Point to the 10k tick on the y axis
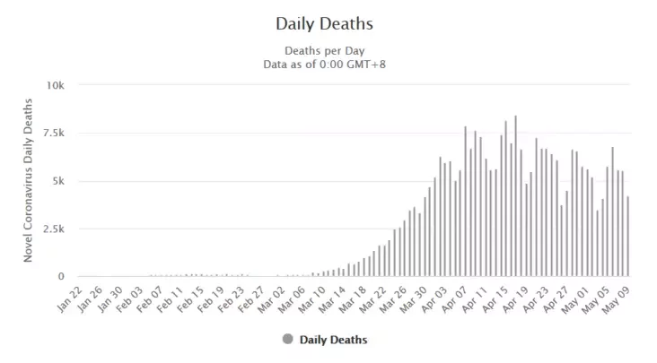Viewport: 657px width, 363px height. [55, 85]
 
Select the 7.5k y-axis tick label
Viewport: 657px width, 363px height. [53, 133]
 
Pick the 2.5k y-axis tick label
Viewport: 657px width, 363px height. [53, 229]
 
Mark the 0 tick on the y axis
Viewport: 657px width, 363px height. [61, 277]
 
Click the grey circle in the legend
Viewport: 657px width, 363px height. [287, 340]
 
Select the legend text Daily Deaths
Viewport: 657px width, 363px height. [333, 340]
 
